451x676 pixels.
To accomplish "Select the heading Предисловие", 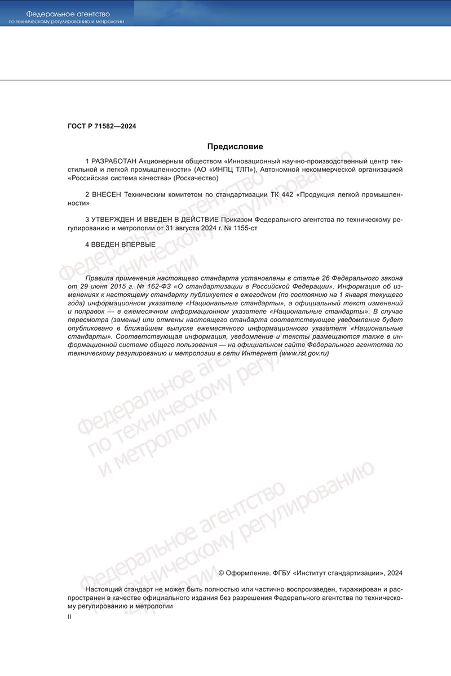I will point(235,147).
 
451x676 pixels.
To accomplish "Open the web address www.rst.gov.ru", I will point(304,353).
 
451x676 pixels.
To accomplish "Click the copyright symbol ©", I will point(221,573).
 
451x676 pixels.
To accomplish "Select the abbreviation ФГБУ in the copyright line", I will point(282,573).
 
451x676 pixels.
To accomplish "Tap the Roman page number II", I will point(69,617).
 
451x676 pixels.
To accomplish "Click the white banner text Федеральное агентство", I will point(68,13).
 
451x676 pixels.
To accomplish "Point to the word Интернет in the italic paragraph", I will point(259,353).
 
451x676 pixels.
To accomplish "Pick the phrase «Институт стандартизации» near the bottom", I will point(337,573).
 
